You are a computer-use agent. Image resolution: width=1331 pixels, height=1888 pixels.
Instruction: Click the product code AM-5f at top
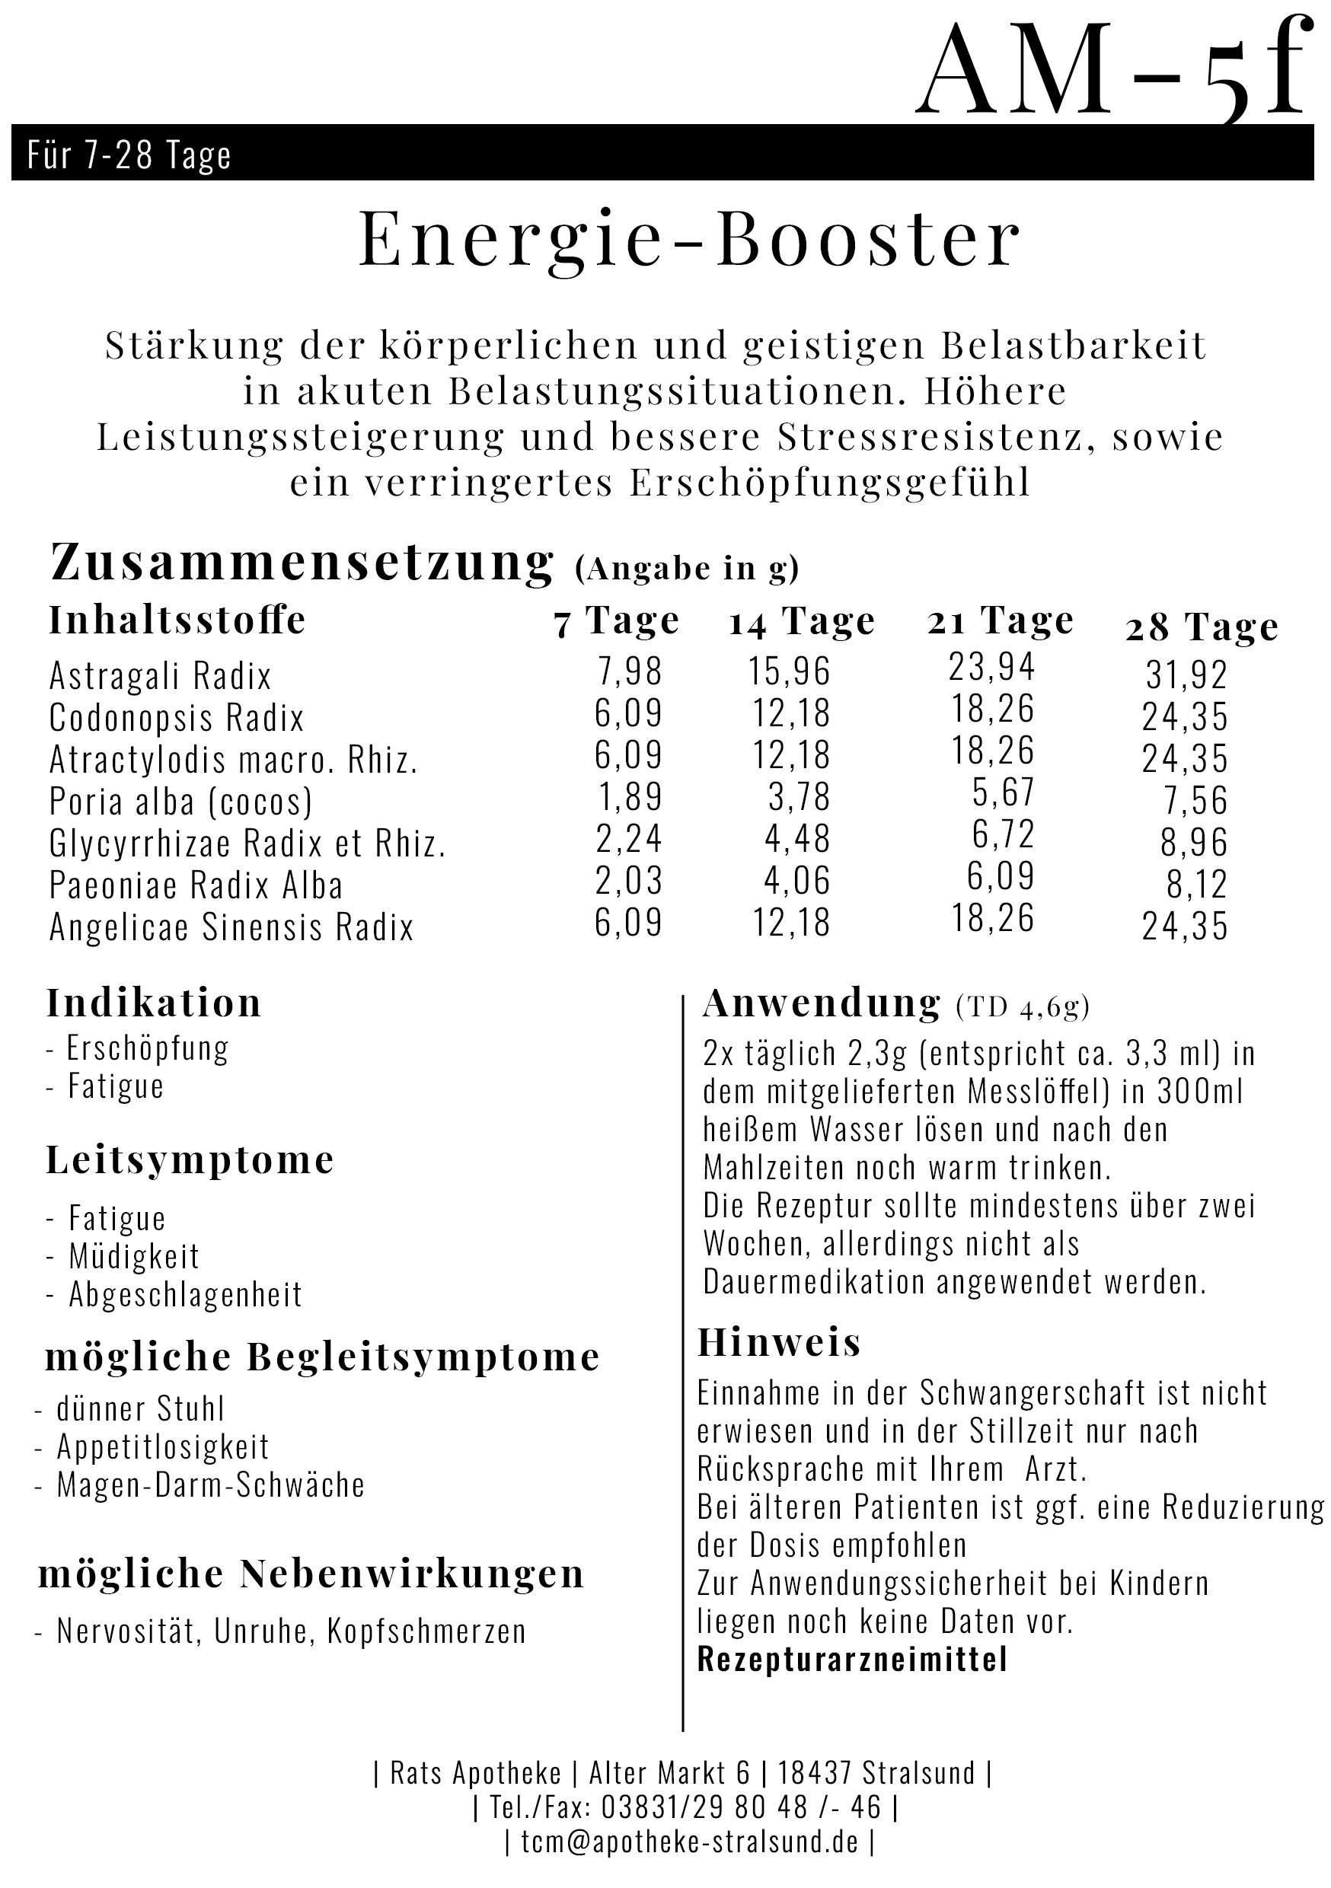tap(1112, 72)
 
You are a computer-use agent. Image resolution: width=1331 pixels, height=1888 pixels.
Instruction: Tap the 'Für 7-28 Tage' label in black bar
tap(129, 155)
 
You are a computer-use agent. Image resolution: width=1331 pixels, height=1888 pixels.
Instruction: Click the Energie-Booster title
tap(689, 239)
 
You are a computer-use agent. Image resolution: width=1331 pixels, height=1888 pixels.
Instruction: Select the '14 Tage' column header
tap(801, 623)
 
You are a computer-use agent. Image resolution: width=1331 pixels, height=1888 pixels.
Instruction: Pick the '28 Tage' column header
tap(1201, 628)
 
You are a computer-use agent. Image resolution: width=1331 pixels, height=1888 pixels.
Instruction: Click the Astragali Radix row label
tap(161, 676)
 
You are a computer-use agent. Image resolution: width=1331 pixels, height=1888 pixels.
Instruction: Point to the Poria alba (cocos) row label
tap(181, 801)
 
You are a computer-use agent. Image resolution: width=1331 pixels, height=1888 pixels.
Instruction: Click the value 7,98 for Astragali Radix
tap(629, 671)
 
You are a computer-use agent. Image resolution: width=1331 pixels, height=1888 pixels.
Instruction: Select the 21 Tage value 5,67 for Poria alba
tap(1003, 792)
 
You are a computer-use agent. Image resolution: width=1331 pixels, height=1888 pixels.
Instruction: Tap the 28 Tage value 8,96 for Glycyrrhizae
tap(1194, 842)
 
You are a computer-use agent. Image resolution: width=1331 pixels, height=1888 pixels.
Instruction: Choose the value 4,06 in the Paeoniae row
tap(796, 880)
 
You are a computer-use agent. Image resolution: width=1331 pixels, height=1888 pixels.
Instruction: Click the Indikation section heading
tap(154, 1003)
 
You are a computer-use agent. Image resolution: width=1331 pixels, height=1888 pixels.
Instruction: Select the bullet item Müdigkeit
tap(134, 1255)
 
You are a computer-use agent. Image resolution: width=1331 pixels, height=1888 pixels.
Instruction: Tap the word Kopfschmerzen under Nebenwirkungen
tap(426, 1631)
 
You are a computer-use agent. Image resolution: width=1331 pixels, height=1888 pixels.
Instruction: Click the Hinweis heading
tap(779, 1343)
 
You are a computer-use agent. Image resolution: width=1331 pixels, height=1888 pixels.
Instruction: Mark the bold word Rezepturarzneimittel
tap(852, 1660)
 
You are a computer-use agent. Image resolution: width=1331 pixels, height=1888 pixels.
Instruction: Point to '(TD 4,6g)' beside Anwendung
tap(1023, 1007)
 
